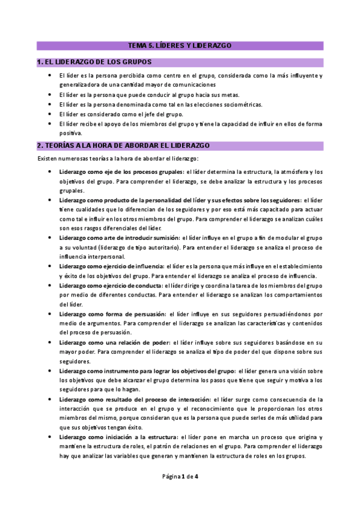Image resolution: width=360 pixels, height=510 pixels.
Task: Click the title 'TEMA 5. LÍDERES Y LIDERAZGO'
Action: coord(180,45)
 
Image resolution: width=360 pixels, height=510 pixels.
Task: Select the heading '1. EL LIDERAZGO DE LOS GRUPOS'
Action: coord(94,62)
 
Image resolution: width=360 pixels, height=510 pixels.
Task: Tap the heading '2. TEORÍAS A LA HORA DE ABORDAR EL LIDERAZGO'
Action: coord(123,146)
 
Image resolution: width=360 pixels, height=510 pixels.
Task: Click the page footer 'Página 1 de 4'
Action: coord(180,476)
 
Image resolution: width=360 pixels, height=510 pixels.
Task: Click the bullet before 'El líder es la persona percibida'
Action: coord(49,76)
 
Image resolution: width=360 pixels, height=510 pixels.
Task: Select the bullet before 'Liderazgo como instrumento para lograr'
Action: coord(49,370)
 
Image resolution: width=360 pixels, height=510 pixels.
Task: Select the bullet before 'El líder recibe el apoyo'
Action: coord(49,124)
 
